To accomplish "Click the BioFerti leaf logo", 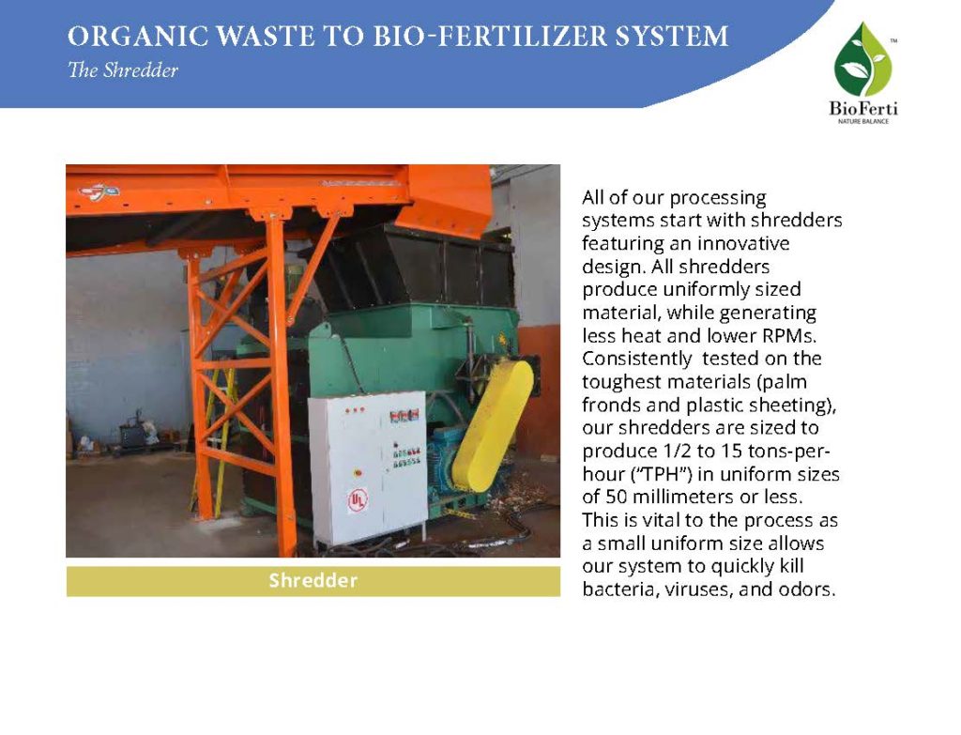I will pyautogui.click(x=862, y=62).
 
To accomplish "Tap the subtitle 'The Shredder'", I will pyautogui.click(x=123, y=70).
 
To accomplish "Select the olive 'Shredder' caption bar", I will pyautogui.click(x=313, y=581).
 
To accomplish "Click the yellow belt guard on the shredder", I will pyautogui.click(x=493, y=423).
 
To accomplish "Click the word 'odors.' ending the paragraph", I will pyautogui.click(x=806, y=590).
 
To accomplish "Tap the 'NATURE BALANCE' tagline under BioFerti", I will pyautogui.click(x=862, y=122).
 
